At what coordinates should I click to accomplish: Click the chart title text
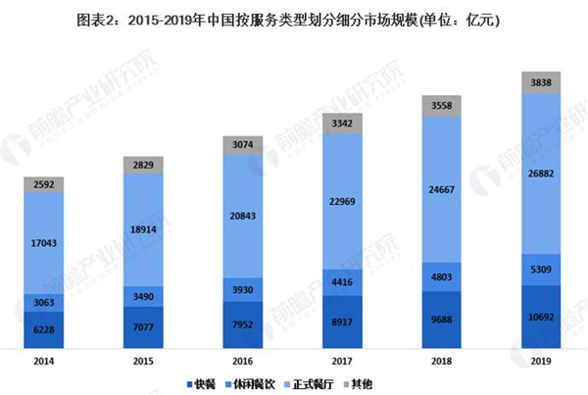(x=294, y=18)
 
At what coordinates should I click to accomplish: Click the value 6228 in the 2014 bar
(x=42, y=331)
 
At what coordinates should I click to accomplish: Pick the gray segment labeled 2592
(x=42, y=182)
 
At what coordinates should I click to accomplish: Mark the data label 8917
(x=343, y=320)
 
